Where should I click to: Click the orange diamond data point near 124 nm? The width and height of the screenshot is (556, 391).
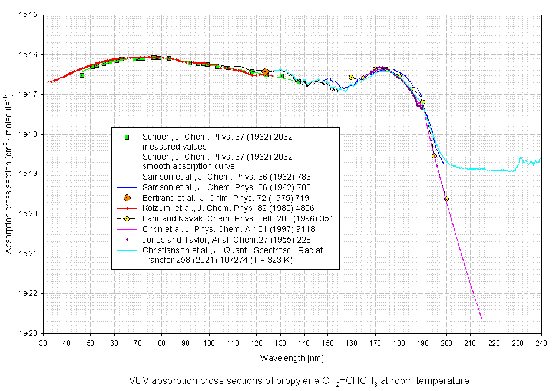[265, 72]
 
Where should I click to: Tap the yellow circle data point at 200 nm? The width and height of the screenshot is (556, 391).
[446, 198]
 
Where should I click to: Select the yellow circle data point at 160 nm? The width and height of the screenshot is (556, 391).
[352, 77]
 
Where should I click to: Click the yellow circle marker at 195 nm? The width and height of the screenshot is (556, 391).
[434, 156]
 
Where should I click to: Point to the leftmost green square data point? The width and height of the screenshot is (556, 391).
[82, 75]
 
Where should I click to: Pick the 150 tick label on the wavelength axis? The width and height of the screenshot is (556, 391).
[327, 343]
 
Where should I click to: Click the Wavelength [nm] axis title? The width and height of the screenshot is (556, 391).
[292, 357]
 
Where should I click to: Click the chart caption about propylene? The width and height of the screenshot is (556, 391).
[299, 380]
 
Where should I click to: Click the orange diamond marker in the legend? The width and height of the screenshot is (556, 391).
[127, 197]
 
